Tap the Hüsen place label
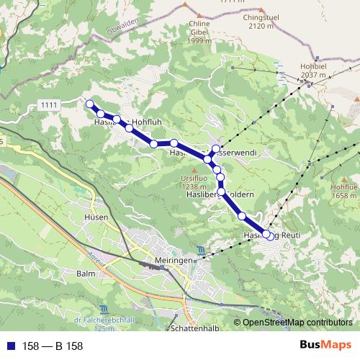tap(96, 217)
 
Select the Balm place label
tap(86, 274)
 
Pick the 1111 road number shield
tap(50, 106)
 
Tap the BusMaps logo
tap(324, 345)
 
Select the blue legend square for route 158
tap(10, 346)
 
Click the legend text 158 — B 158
tap(53, 346)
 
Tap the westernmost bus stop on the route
tap(90, 104)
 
